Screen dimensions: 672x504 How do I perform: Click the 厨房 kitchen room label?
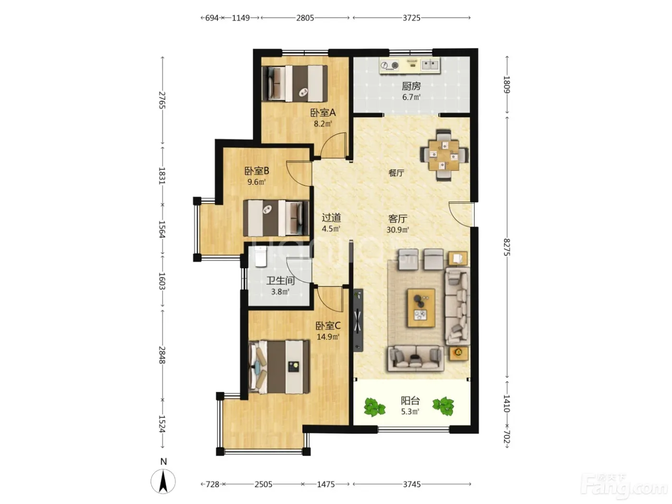(411, 86)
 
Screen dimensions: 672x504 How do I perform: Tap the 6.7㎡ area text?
(411, 97)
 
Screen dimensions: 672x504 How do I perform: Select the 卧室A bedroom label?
(323, 113)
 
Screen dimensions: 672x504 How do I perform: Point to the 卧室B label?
(256, 171)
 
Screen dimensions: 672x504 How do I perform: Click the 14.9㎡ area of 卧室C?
(328, 337)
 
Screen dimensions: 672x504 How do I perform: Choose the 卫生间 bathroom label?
(280, 281)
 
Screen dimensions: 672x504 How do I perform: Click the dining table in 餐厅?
(444, 155)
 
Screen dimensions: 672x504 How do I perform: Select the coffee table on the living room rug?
(421, 308)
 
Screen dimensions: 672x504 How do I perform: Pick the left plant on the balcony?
(374, 407)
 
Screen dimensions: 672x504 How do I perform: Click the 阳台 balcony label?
(410, 400)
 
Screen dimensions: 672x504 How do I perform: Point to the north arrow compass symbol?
(163, 481)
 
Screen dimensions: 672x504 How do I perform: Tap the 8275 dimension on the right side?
(507, 247)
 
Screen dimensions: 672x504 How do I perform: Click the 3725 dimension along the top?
(411, 18)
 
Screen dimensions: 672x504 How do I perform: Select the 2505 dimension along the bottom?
(264, 484)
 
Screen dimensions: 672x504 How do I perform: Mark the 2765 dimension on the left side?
(162, 100)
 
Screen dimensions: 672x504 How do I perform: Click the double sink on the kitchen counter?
(430, 65)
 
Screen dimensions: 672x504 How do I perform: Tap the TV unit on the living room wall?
(358, 320)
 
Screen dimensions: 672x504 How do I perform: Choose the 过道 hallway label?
(331, 217)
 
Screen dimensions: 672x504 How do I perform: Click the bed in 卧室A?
(295, 83)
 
